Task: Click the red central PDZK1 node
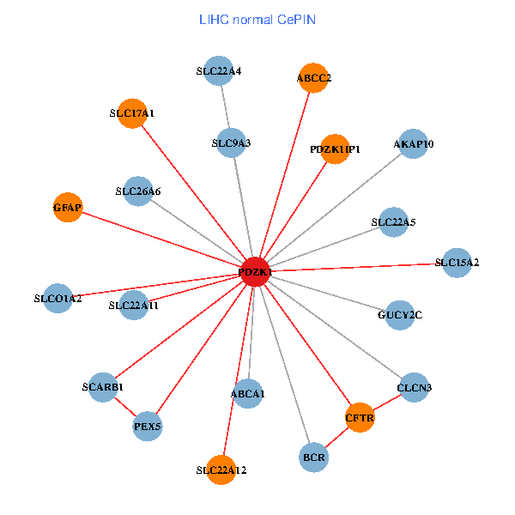256,271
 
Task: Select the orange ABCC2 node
313,78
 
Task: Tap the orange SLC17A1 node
132,112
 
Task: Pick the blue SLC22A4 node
218,71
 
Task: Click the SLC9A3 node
230,142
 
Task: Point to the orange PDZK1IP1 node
335,148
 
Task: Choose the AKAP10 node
414,143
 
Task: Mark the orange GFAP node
67,207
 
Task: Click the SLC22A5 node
393,222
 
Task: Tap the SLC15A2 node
457,262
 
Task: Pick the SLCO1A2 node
58,299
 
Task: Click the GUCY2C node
400,315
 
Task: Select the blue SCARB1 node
103,386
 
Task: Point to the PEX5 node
148,426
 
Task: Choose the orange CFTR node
360,418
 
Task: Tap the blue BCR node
314,457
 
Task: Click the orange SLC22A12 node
221,470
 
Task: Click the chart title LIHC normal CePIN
257,19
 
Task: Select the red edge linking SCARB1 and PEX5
125,406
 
